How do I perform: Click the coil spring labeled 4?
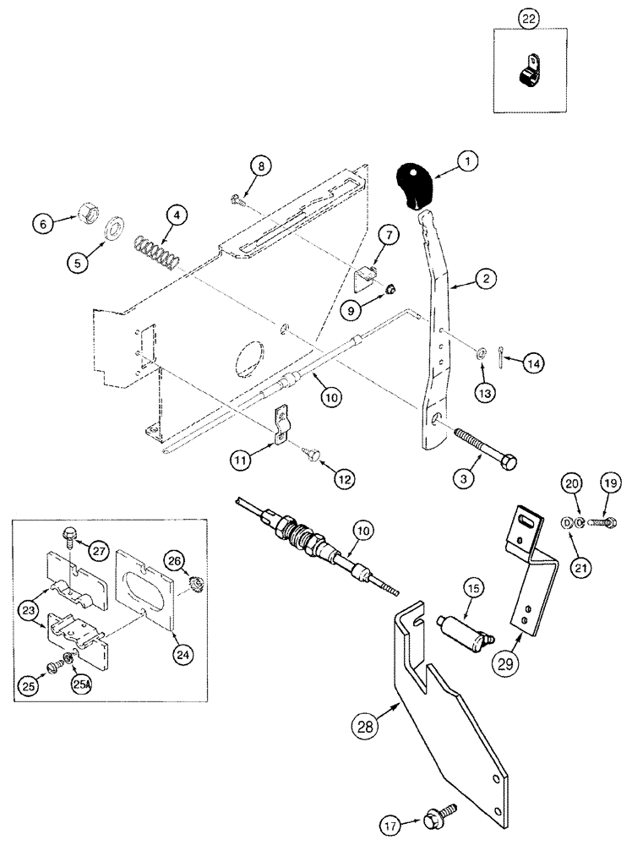click(x=156, y=250)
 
